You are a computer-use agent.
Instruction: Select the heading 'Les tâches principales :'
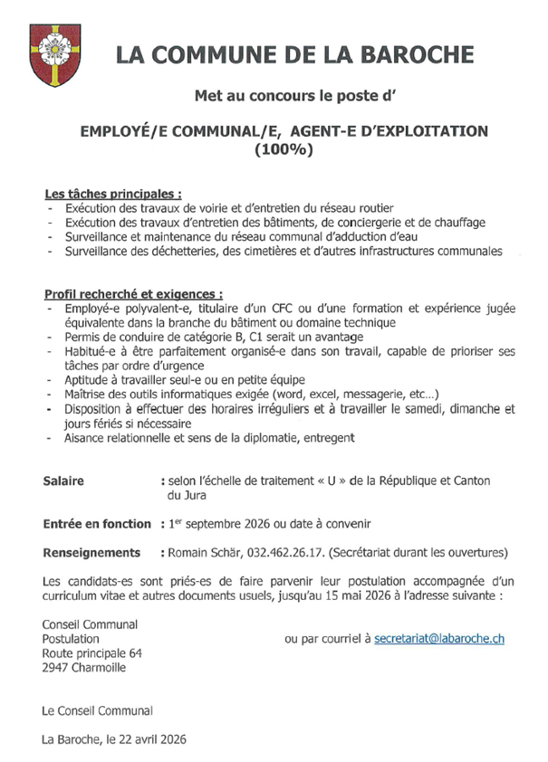point(113,195)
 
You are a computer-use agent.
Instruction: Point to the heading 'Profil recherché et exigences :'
point(134,294)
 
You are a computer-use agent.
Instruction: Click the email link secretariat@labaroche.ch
point(439,639)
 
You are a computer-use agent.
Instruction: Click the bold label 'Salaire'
point(63,481)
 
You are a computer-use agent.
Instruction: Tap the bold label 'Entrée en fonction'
point(97,524)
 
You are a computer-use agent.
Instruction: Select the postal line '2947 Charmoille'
point(85,668)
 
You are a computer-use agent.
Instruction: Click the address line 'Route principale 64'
point(92,653)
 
